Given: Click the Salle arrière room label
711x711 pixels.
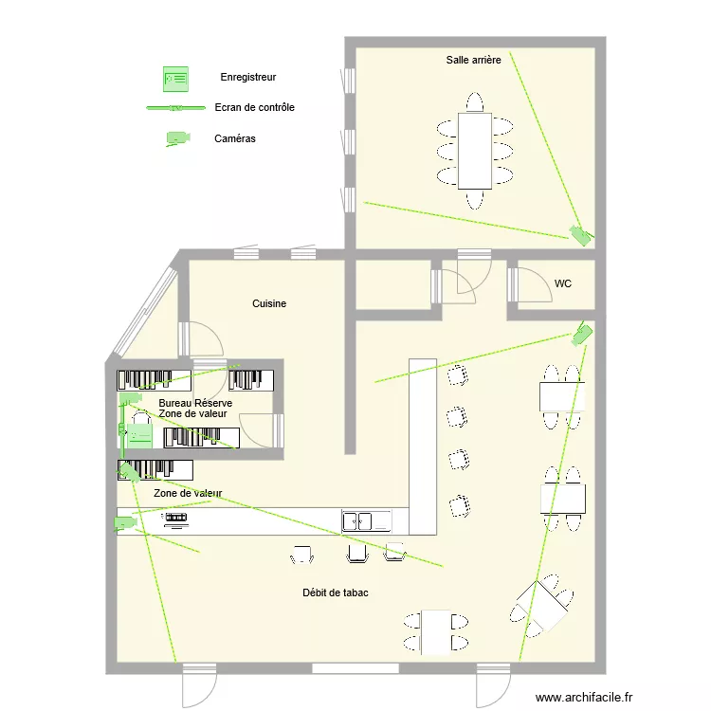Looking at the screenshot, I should click(x=473, y=60).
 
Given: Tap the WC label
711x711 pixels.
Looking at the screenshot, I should click(x=563, y=283).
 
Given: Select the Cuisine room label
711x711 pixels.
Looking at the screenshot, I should click(x=269, y=303).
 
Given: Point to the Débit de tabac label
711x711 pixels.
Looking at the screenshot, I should click(x=336, y=592).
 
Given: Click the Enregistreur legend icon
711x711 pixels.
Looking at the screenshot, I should click(x=175, y=77).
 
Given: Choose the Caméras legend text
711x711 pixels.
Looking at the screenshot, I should click(x=235, y=138).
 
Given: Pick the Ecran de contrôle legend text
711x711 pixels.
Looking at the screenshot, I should click(x=255, y=107).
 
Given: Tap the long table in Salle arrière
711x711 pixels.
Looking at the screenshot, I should click(x=474, y=150).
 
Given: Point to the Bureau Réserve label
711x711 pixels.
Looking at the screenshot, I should click(x=195, y=403).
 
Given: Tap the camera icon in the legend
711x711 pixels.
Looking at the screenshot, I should click(x=177, y=138).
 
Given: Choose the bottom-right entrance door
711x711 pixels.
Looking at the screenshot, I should click(x=493, y=681).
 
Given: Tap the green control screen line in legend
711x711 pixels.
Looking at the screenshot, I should click(x=175, y=108).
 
